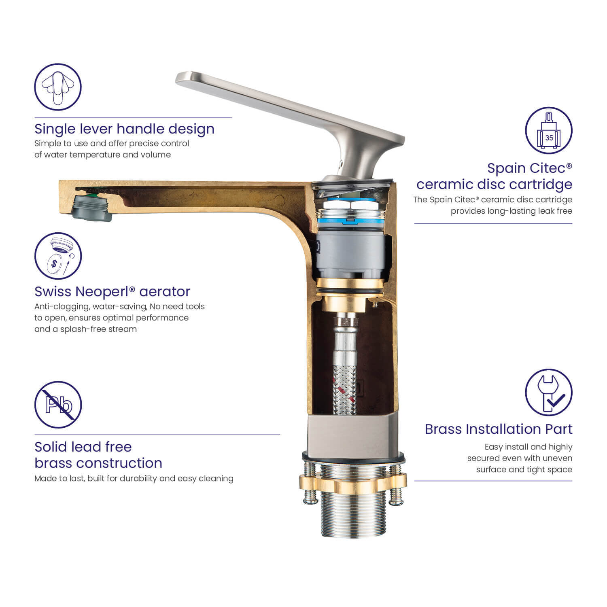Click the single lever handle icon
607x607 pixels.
58,87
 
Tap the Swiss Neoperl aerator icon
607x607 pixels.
58,256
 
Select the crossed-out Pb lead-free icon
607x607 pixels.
58,405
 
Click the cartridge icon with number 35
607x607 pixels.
549,130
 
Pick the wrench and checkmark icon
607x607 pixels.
549,392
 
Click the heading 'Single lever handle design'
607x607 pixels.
124,129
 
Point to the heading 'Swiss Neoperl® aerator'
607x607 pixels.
112,291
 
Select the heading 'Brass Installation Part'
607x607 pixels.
499,429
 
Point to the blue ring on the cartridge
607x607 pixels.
350,222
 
